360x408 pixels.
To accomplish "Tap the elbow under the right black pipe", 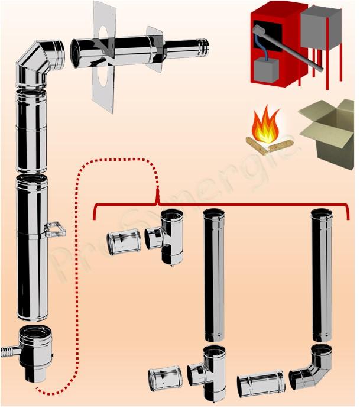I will click(313, 367).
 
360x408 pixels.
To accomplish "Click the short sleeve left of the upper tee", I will click(123, 243).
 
